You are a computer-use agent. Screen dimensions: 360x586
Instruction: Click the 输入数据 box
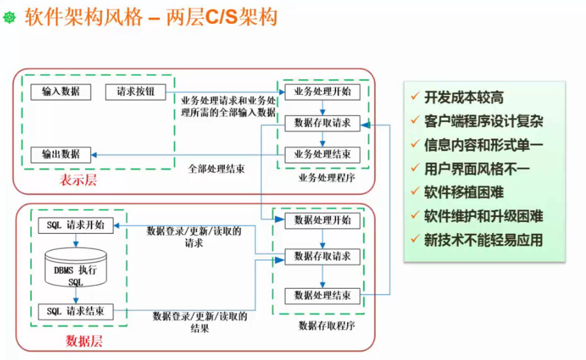61,92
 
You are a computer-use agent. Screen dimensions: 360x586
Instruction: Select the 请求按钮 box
136,92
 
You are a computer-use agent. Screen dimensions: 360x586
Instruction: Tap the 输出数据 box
61,155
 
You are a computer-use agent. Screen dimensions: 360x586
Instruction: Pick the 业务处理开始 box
322,92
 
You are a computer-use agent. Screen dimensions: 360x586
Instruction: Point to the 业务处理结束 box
322,155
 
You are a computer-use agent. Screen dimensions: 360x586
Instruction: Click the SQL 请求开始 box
76,225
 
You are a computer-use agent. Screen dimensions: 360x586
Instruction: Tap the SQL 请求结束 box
76,311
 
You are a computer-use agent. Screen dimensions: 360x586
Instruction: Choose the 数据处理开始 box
322,221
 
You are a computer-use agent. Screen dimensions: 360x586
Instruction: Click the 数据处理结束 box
322,295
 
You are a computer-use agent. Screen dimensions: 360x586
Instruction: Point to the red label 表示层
78,180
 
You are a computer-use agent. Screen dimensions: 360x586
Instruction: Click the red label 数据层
84,341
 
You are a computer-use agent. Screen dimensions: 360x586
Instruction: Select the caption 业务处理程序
327,178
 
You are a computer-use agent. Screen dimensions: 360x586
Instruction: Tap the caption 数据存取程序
327,326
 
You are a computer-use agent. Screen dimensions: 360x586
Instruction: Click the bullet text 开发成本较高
464,98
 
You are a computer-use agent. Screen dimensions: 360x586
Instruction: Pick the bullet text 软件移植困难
464,193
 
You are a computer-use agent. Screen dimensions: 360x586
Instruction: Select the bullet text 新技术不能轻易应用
484,240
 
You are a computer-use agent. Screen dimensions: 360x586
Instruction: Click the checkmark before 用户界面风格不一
415,168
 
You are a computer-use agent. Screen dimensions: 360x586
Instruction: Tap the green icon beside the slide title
9,17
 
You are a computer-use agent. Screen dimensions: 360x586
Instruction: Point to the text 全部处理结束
216,169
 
